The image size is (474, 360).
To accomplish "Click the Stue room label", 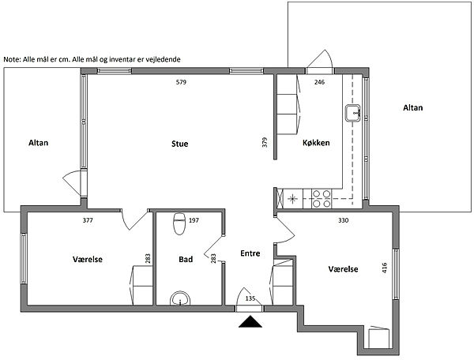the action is pyautogui.click(x=180, y=144).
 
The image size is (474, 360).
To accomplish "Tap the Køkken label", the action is pyautogui.click(x=316, y=143).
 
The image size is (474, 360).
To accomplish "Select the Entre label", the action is pyautogui.click(x=250, y=253).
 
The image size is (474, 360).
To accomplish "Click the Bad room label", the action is pyautogui.click(x=186, y=260).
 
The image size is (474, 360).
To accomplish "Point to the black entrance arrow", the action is pyautogui.click(x=250, y=321).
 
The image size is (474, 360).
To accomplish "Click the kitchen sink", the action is pyautogui.click(x=353, y=113).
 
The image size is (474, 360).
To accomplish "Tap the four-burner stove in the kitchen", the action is pyautogui.click(x=322, y=199).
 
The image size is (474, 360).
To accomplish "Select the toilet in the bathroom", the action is pyautogui.click(x=179, y=223).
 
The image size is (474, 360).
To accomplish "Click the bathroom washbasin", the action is pyautogui.click(x=180, y=298).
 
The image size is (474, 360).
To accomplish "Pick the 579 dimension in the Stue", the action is pyautogui.click(x=181, y=82).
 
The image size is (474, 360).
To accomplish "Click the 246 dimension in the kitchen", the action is pyautogui.click(x=319, y=82).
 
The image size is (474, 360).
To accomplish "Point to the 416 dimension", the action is pyautogui.click(x=385, y=268).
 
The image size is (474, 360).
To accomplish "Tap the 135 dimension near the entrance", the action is pyautogui.click(x=250, y=298).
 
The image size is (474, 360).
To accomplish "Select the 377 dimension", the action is pyautogui.click(x=88, y=220).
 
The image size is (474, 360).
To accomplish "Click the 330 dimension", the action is pyautogui.click(x=344, y=220).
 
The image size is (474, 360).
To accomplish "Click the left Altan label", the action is pyautogui.click(x=39, y=143).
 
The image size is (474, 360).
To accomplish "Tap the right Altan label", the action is pyautogui.click(x=413, y=107).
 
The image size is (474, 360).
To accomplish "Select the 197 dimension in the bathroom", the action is pyautogui.click(x=194, y=220).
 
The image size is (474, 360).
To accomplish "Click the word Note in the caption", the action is pyautogui.click(x=12, y=59).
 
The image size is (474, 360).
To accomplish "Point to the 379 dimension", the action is pyautogui.click(x=265, y=142).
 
